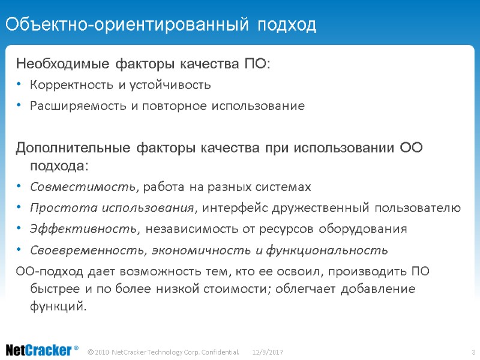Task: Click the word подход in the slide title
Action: pos(287,25)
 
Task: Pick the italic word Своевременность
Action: pos(88,250)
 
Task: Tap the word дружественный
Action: pos(312,208)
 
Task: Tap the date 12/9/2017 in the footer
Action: pos(268,350)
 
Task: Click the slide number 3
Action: pos(473,350)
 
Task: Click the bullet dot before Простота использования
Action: pos(19,208)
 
